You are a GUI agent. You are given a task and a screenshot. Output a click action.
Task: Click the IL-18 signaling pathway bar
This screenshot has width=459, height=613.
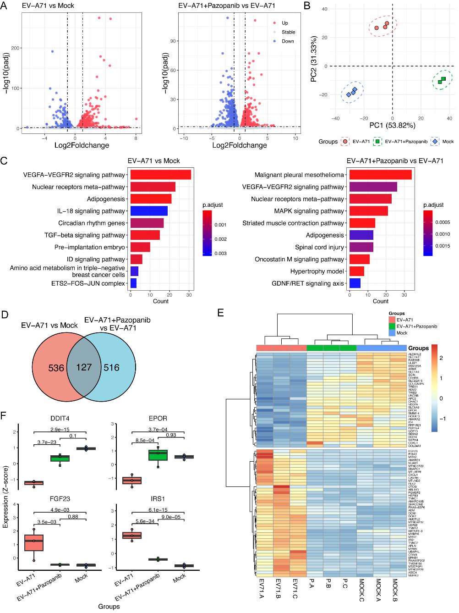point(149,211)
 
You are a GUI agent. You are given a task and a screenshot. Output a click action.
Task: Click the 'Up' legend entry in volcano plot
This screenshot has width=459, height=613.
point(285,23)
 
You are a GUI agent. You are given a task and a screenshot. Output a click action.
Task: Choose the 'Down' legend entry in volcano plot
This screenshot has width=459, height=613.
point(288,41)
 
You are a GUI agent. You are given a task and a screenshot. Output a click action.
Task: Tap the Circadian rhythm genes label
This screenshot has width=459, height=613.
point(92,223)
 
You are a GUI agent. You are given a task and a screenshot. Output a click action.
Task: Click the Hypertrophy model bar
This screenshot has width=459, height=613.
point(357,271)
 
